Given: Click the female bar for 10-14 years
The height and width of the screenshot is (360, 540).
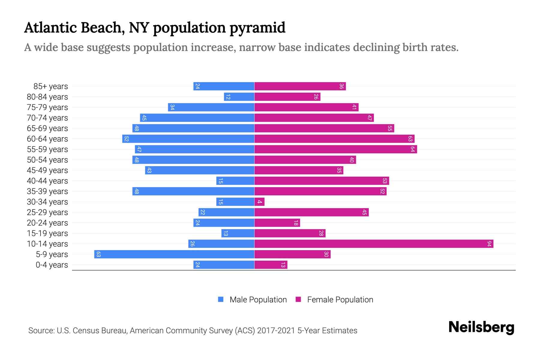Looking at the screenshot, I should (x=373, y=244).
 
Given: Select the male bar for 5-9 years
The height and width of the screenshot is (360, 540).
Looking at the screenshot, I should (x=174, y=254).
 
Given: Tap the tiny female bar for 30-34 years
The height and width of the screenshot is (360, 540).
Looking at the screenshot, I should (x=259, y=202).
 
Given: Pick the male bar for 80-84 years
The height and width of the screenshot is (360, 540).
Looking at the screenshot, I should (x=239, y=97).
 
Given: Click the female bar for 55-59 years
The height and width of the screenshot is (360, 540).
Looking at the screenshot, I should (x=335, y=149).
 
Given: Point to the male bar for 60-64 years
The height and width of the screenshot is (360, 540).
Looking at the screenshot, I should (x=188, y=139).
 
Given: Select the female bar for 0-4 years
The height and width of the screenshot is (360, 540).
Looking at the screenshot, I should (x=271, y=265).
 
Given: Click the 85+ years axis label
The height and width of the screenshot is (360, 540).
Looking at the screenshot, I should (x=51, y=86).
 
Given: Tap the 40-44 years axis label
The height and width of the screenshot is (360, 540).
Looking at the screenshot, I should (x=47, y=181).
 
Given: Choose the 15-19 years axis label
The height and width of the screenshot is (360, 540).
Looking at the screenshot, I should (x=47, y=233).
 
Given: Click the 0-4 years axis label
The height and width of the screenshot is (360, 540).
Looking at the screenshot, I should (x=52, y=265).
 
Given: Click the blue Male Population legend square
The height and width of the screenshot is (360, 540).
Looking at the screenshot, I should (x=221, y=299).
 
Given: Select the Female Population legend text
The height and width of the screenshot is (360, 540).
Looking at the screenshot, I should (x=340, y=300).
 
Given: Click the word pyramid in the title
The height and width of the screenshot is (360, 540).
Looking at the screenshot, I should (x=257, y=28).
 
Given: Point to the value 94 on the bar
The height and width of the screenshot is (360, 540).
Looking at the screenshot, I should (x=489, y=244).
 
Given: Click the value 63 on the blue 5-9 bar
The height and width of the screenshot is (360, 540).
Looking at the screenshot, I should (x=98, y=254).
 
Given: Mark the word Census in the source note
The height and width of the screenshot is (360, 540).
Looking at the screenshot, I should (x=87, y=331).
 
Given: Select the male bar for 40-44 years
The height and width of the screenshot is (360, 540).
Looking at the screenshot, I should (x=235, y=181).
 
